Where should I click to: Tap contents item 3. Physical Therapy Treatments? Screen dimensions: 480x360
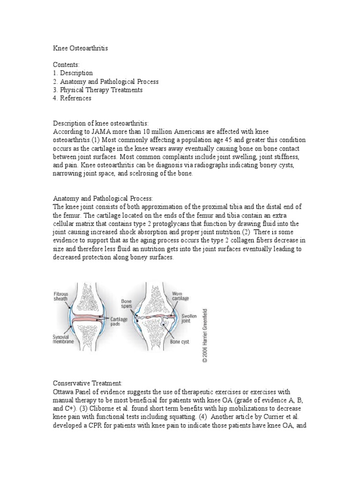[97, 90]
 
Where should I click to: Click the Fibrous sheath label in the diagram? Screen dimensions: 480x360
[60, 297]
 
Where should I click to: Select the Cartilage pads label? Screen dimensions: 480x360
[120, 321]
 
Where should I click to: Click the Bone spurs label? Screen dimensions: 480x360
[127, 303]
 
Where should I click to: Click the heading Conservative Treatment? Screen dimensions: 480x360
[88, 383]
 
